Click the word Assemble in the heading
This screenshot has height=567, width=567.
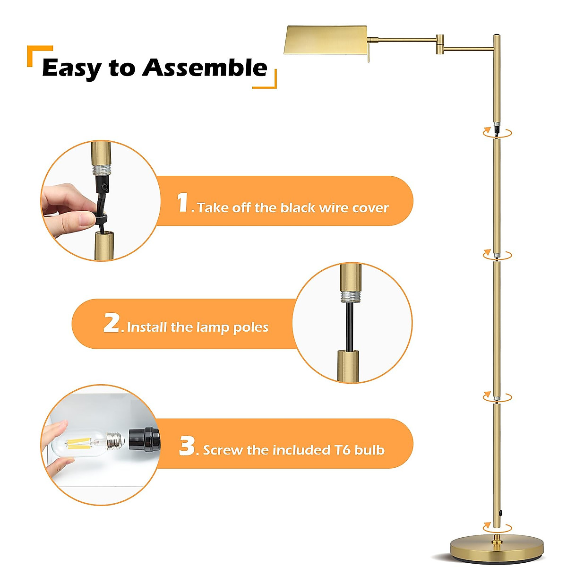point(205,68)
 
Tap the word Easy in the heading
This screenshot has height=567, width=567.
point(71,69)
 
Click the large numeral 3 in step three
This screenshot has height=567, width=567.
point(187,446)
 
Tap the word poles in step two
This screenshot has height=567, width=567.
point(251,327)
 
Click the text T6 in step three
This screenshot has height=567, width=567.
point(343,450)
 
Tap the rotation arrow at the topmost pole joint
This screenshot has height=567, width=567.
point(497,133)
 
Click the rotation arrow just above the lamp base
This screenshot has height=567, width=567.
point(497,527)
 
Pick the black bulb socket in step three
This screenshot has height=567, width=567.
point(145,440)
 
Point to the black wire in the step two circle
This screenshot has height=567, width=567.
point(349,326)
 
